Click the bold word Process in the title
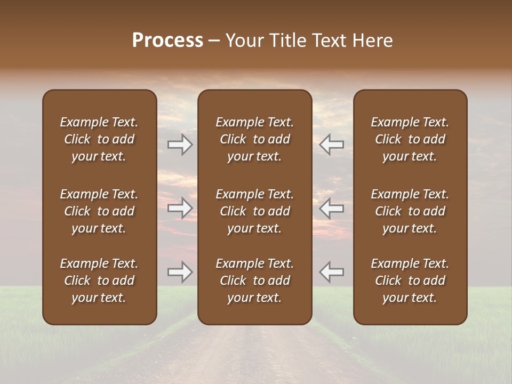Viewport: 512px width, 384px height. coord(167,41)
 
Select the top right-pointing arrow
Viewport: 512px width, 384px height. coord(180,145)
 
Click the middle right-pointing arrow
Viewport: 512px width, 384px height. coord(180,208)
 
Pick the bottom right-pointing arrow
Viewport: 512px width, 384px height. coord(180,272)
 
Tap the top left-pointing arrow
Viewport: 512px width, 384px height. coord(331,145)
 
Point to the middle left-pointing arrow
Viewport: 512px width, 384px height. coord(331,208)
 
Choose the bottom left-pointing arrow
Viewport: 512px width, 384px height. coord(331,272)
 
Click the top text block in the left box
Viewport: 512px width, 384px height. coord(99,139)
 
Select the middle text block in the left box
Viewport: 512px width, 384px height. coord(99,211)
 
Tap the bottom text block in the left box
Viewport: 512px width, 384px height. coord(99,281)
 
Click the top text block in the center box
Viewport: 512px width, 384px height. coord(255,139)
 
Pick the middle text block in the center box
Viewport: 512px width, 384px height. coord(255,211)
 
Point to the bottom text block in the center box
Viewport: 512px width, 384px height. coord(255,281)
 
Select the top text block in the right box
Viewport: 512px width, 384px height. coord(410,139)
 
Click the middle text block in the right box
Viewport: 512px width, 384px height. coord(410,211)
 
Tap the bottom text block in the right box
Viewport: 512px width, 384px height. coord(410,281)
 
